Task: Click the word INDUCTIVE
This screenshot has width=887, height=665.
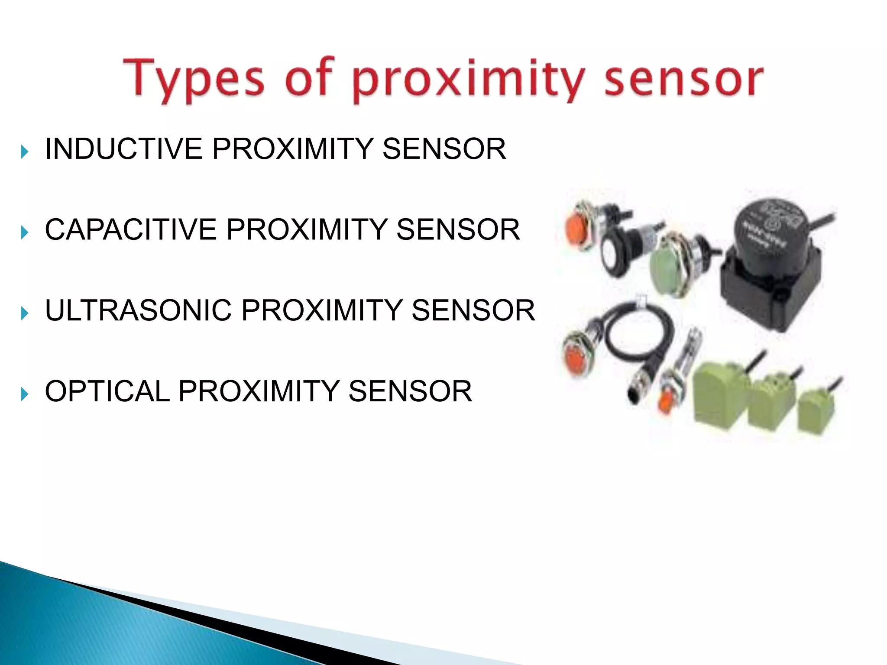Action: (x=123, y=149)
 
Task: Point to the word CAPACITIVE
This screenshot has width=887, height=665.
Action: (x=130, y=229)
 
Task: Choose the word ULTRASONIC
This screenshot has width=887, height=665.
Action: (x=138, y=310)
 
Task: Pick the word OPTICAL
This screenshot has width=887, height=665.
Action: (x=107, y=391)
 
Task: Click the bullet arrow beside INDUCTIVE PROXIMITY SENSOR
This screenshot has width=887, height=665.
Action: (x=25, y=152)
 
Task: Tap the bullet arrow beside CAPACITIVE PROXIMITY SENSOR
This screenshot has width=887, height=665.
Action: (x=25, y=232)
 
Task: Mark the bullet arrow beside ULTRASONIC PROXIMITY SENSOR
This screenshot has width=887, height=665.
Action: (x=25, y=313)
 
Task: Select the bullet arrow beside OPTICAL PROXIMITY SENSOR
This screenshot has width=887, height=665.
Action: (x=25, y=394)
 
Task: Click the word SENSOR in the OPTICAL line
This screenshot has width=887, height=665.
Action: (x=410, y=391)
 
